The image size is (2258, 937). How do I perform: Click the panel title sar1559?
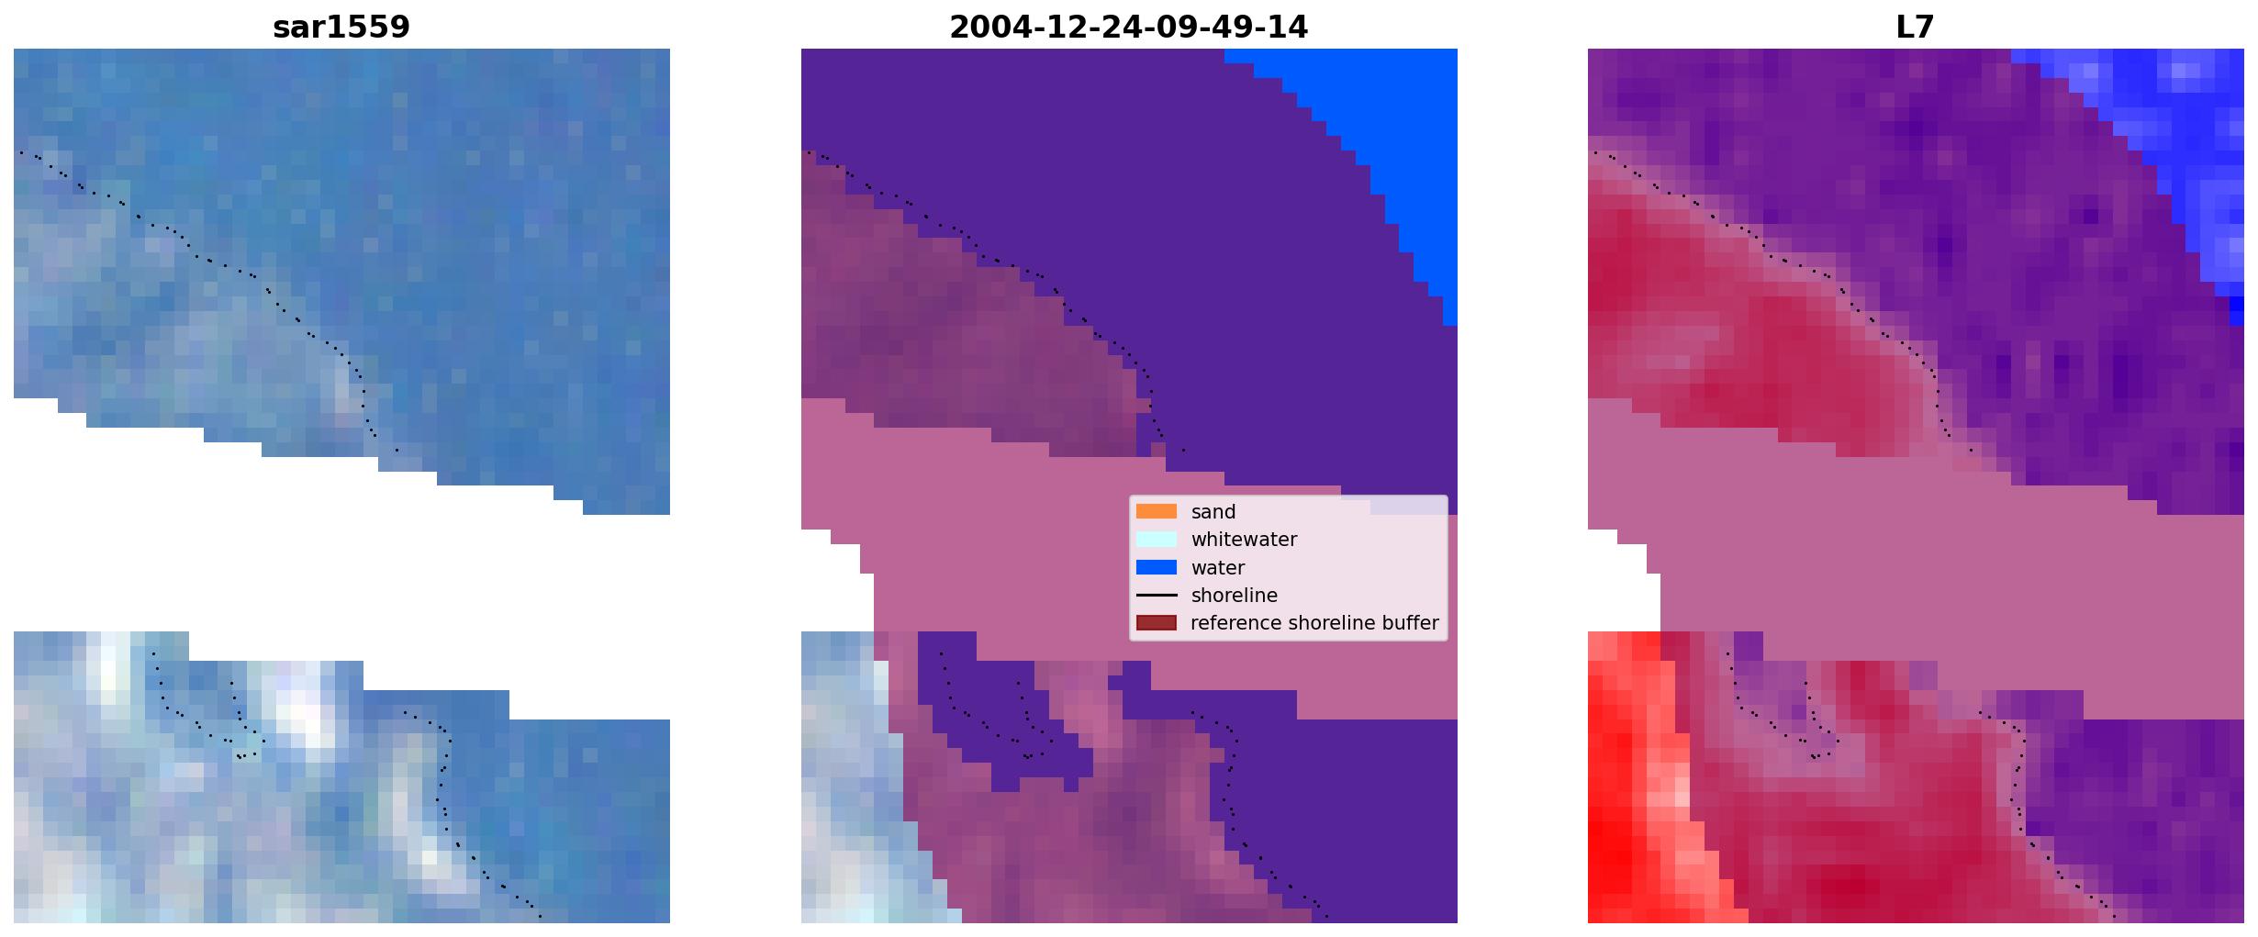point(341,27)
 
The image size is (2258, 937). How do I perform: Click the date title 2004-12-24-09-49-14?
point(1128,27)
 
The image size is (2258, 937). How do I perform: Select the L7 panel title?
point(1915,27)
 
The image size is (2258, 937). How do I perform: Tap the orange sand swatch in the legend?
point(1157,511)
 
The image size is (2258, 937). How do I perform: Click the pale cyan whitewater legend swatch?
point(1157,540)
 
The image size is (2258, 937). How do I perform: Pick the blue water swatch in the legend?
point(1157,567)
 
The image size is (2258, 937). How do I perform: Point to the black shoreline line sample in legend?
point(1157,596)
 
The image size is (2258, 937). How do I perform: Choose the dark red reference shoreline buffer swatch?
point(1157,623)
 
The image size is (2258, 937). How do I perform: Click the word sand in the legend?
point(1213,512)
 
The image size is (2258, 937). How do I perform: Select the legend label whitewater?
point(1244,540)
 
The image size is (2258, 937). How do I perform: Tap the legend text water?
point(1218,568)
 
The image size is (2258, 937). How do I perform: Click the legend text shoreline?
point(1235,596)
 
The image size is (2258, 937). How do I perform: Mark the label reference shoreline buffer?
point(1314,623)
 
